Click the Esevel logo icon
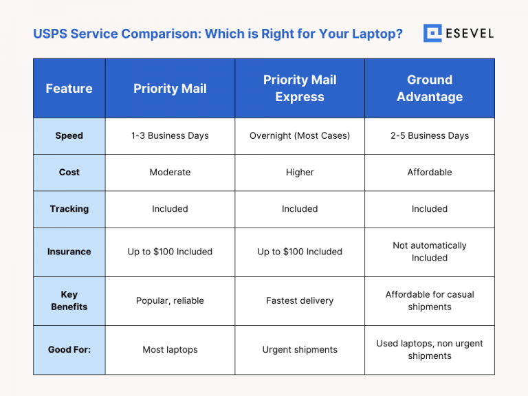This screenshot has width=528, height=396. tap(432, 33)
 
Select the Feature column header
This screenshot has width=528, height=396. tap(69, 89)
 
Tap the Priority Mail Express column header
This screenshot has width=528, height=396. tap(300, 89)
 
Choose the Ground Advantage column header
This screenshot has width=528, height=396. tap(430, 89)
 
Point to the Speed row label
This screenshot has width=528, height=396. tap(69, 135)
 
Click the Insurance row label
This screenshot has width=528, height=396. tap(69, 252)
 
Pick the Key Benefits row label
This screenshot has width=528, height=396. tap(69, 300)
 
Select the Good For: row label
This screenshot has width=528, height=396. tap(69, 349)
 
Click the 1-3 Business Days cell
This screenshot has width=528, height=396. tap(170, 135)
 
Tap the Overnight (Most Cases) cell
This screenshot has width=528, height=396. tap(300, 135)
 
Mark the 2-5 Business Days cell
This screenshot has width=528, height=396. tap(430, 135)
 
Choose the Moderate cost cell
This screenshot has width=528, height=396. tap(170, 172)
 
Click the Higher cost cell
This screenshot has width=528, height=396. tap(300, 172)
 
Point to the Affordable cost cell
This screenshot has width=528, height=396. tap(430, 172)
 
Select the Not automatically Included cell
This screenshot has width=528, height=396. tap(430, 252)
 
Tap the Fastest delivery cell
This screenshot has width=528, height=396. tap(300, 300)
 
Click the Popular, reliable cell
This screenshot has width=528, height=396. tap(170, 300)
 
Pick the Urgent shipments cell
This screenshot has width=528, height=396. tap(300, 349)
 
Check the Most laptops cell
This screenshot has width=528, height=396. tap(170, 349)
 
